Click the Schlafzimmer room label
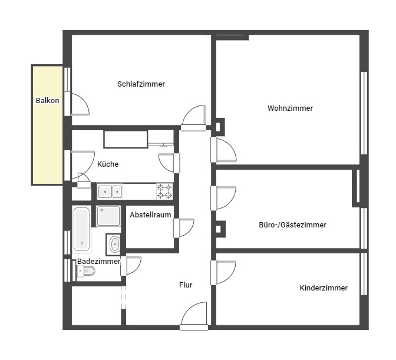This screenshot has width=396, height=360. [x=141, y=84]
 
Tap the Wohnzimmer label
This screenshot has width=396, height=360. [x=290, y=108]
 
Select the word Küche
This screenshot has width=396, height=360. [x=108, y=164]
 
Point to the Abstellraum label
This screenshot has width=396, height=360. [x=150, y=215]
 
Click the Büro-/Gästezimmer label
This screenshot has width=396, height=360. [x=292, y=224]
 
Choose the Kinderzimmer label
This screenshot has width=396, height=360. [x=324, y=288]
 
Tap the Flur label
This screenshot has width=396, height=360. [x=186, y=285]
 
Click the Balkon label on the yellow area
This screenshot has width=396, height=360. [x=47, y=101]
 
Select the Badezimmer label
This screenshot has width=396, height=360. [x=98, y=261]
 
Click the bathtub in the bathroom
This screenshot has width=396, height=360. [x=81, y=229]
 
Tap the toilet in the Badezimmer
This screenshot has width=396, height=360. [x=86, y=271]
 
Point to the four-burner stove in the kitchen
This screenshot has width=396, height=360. [x=164, y=191]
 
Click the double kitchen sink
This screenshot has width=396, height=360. [x=110, y=191]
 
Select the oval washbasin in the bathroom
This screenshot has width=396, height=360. [x=115, y=244]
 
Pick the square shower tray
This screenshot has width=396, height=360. [x=108, y=216]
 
